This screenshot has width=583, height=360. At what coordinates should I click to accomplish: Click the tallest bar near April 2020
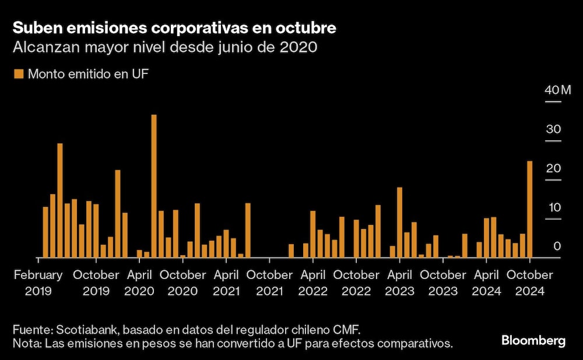pos(154,186)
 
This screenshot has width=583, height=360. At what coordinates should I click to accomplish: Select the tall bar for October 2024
pos(530,210)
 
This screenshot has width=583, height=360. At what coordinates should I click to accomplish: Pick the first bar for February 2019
pos(45,232)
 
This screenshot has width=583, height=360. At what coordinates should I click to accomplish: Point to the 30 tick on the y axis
pos(553,129)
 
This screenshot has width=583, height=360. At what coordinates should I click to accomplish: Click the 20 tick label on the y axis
pos(553,168)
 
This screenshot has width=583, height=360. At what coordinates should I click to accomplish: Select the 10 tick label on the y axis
pos(553,208)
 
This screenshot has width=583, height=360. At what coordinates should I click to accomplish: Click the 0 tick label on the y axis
pos(557,246)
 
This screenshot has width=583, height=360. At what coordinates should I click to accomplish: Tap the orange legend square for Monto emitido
pos(18,74)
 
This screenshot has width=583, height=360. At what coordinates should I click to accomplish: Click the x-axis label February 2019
pos(38,283)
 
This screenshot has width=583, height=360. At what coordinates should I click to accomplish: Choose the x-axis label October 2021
pos(269,283)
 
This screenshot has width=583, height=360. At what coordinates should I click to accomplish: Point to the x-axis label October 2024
pos(529,283)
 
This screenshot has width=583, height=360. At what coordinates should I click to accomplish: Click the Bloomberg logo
pos(533,341)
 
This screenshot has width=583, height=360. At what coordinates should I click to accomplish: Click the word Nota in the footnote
pos(25,343)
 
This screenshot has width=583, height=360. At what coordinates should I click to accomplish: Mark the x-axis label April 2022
pos(313,283)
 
